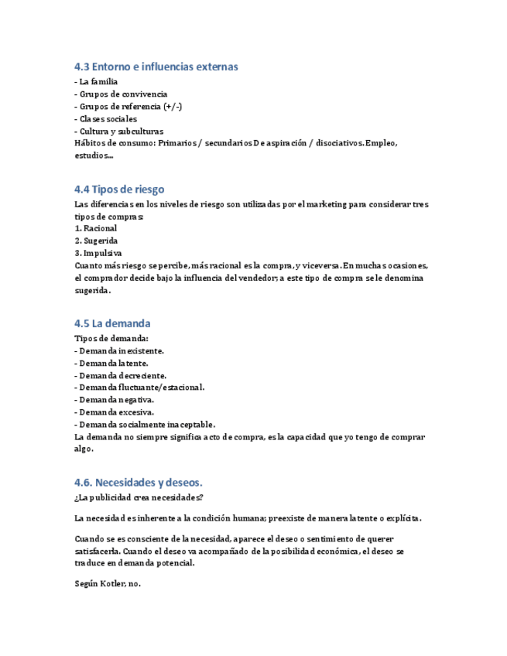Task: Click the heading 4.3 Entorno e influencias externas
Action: click(156, 67)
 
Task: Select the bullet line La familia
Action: click(98, 81)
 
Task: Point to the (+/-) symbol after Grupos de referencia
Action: click(173, 106)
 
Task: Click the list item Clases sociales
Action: click(108, 118)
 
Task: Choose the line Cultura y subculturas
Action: click(121, 131)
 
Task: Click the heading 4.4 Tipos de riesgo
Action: click(119, 189)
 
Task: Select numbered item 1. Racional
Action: click(96, 228)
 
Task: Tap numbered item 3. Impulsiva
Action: click(98, 253)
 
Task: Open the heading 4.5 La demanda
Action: click(112, 323)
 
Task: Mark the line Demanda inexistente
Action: click(121, 350)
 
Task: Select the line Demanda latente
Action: click(113, 363)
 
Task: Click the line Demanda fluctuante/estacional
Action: click(141, 388)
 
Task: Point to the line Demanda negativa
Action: click(116, 400)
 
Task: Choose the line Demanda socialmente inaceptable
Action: click(146, 425)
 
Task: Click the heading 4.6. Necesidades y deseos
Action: click(139, 482)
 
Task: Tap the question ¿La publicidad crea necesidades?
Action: click(139, 497)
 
